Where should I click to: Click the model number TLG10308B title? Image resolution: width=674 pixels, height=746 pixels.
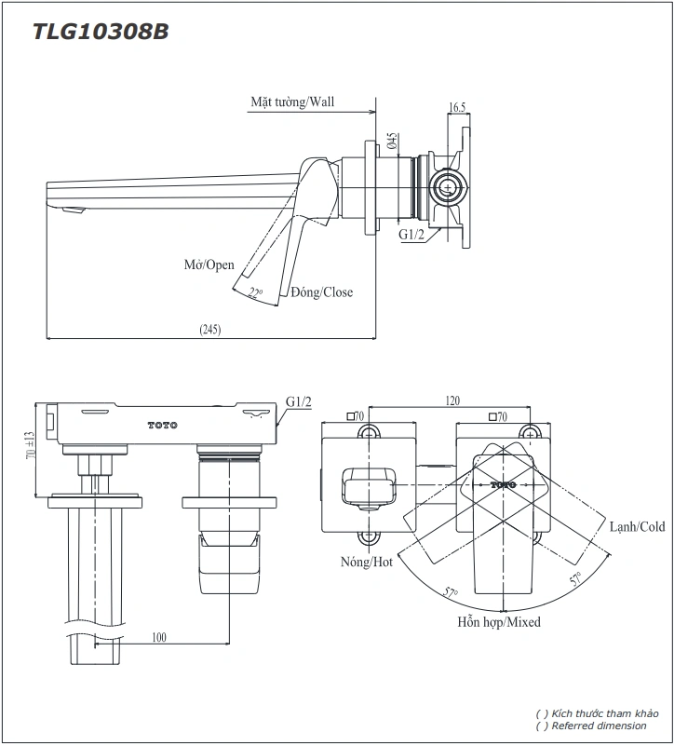(x=101, y=32)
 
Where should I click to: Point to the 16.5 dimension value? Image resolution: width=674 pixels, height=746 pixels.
(x=456, y=108)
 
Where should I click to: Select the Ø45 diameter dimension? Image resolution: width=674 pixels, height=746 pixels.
(x=394, y=141)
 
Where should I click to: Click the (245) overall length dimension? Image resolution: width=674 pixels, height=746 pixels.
(x=209, y=329)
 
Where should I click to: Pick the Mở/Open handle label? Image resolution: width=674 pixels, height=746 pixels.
(x=209, y=264)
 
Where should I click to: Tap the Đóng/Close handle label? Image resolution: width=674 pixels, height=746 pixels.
(x=321, y=292)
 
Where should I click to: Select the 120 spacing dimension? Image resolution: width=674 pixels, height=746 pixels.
(x=452, y=400)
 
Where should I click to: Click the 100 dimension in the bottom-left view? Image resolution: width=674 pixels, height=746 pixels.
(x=158, y=636)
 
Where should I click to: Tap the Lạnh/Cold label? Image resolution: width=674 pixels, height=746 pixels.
(x=638, y=527)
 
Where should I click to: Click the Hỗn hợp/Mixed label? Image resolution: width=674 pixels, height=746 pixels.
(x=498, y=621)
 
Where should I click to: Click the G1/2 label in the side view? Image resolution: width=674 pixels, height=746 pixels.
(x=411, y=235)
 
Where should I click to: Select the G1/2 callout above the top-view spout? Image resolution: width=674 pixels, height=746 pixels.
(x=299, y=401)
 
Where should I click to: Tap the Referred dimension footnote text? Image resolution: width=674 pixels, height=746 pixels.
(x=596, y=726)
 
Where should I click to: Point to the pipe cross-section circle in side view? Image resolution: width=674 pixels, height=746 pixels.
(x=449, y=187)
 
